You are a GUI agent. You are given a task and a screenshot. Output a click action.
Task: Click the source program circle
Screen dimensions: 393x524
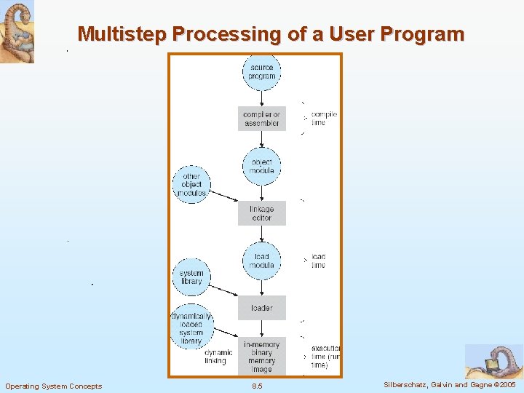[261, 72]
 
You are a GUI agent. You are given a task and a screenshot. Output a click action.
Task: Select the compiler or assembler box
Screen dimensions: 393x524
[261, 119]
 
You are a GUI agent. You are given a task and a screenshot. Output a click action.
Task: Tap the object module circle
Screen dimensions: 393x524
[261, 167]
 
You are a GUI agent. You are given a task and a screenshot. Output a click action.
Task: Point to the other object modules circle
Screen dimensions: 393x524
[191, 185]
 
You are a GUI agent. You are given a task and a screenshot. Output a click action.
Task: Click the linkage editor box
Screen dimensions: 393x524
[261, 213]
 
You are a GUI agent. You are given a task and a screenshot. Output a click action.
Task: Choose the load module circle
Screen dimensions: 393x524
[261, 261]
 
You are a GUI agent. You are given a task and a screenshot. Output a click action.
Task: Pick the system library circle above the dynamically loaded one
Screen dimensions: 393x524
[191, 277]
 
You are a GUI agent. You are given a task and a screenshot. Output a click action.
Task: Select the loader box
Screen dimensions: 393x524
[261, 308]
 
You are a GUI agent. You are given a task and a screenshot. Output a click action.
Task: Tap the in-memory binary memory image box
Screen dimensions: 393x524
[261, 356]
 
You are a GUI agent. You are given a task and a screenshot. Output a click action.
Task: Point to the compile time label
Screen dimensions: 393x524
[324, 119]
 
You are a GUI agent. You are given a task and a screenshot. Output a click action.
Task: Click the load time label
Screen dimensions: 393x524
[319, 261]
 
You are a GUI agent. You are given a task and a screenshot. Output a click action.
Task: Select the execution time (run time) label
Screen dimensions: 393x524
[325, 357]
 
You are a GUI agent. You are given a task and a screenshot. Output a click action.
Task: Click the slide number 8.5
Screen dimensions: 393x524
[256, 386]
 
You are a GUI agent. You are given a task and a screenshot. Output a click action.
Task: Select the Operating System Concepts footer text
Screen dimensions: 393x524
[54, 386]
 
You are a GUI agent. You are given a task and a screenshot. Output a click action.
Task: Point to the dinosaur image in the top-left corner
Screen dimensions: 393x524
[17, 32]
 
